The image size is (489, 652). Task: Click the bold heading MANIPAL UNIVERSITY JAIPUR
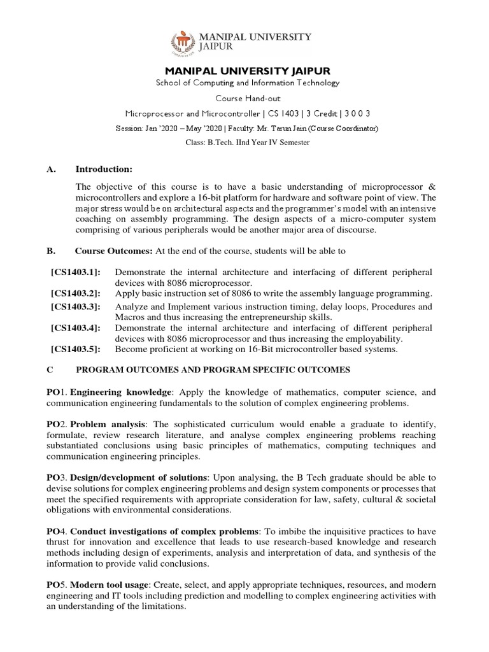point(248,70)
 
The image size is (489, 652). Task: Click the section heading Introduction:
point(104,169)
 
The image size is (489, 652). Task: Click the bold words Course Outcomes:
point(105,251)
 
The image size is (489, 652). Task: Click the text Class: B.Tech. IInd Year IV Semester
point(248,142)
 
